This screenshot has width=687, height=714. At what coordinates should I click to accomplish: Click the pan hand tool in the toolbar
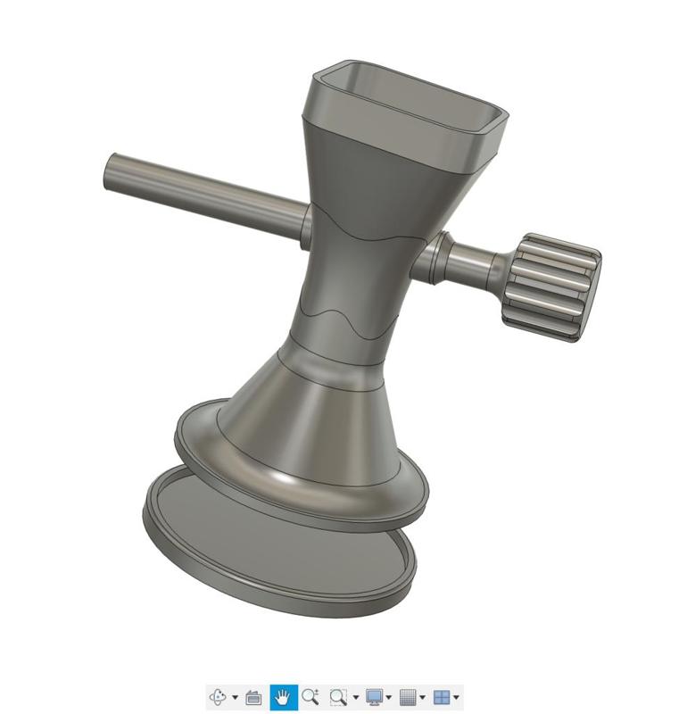pyautogui.click(x=284, y=697)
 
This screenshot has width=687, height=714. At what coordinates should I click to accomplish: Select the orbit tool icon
pyautogui.click(x=218, y=697)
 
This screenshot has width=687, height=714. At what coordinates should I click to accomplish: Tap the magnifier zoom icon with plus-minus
pyautogui.click(x=310, y=697)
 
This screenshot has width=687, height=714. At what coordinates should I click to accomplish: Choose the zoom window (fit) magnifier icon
pyautogui.click(x=337, y=697)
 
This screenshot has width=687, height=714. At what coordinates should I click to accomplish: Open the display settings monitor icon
pyautogui.click(x=375, y=697)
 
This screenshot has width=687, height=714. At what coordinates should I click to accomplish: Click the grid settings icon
pyautogui.click(x=408, y=697)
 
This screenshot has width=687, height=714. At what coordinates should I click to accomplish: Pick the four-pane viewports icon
pyautogui.click(x=441, y=697)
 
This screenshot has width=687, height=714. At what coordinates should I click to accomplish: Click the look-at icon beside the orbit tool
pyautogui.click(x=253, y=697)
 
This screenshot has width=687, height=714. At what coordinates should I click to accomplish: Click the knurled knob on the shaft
pyautogui.click(x=551, y=287)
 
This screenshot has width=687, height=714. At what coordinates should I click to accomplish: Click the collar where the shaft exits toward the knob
pyautogui.click(x=433, y=259)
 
